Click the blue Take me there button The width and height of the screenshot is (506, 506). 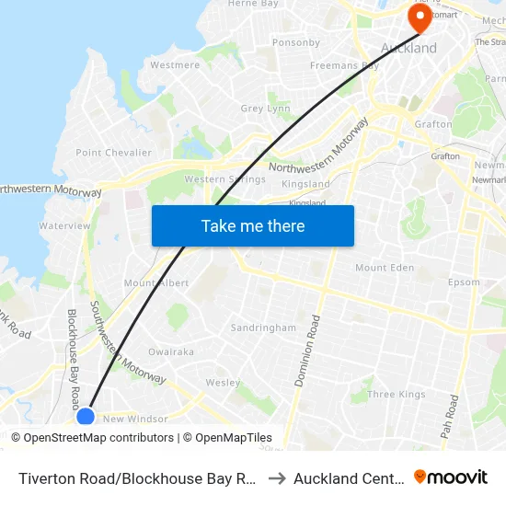252,225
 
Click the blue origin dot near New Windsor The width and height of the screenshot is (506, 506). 86,417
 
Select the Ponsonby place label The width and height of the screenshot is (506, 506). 295,42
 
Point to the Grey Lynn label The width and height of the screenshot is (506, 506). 265,109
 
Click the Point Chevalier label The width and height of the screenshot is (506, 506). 113,153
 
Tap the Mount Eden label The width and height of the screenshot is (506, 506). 385,268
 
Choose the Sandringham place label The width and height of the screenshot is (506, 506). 263,328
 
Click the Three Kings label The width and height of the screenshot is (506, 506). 397,395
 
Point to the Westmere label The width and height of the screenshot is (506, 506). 175,65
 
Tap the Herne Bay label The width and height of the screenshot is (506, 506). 252,4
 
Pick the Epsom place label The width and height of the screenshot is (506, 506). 464,282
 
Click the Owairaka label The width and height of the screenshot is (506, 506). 171,351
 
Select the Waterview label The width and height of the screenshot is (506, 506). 64,225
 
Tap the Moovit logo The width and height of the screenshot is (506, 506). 451,477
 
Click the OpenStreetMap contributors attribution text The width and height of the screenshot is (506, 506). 92,438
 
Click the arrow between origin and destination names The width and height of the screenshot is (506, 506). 278,477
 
